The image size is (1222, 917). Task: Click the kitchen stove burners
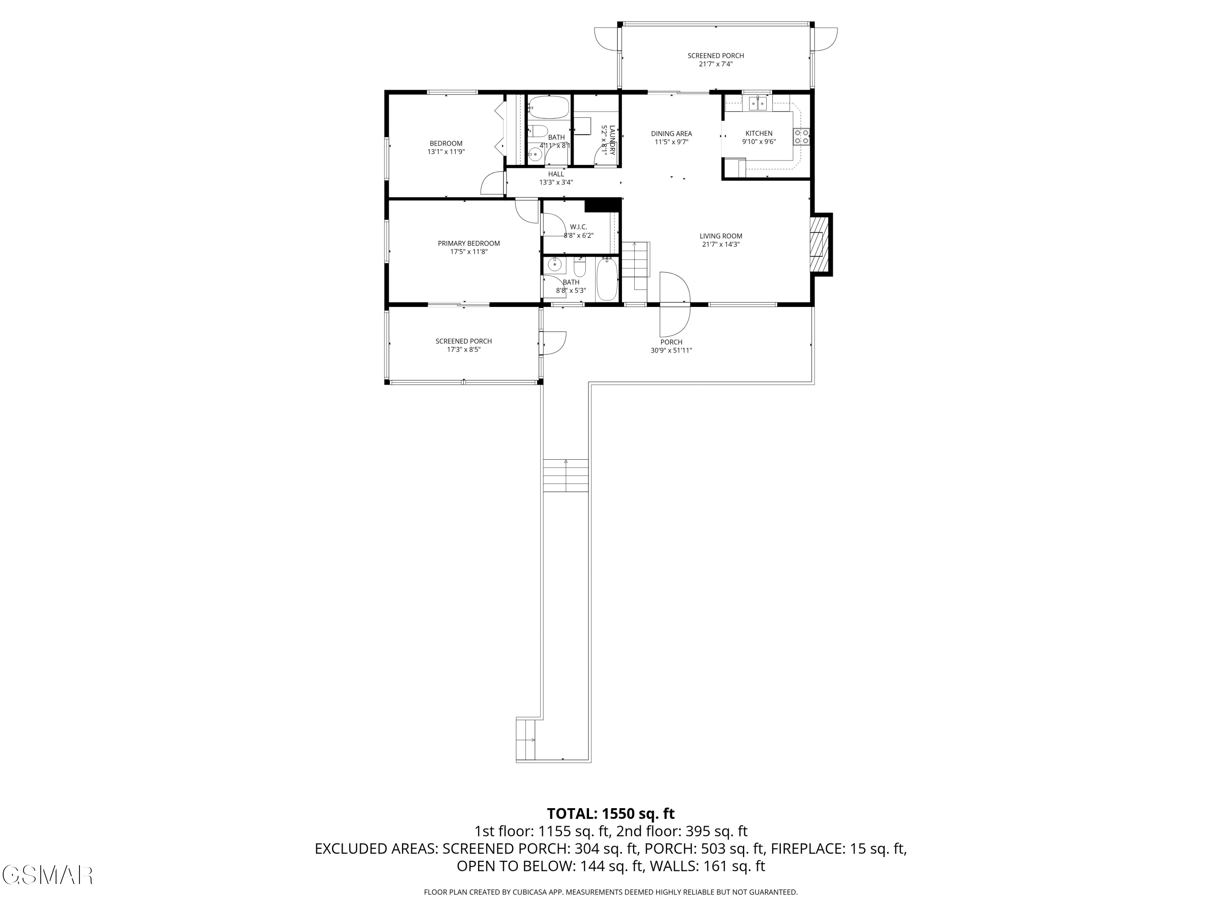[x=802, y=137]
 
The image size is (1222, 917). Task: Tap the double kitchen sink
[x=757, y=104]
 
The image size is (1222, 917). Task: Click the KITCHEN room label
[x=758, y=133]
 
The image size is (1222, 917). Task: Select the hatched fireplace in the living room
[x=820, y=244]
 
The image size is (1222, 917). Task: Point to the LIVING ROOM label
[x=721, y=236]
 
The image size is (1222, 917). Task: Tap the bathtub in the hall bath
[x=548, y=107]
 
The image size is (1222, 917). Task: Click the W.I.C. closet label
[x=578, y=227]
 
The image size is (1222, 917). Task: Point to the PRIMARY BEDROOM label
[x=468, y=243]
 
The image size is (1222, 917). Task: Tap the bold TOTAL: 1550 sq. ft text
[x=611, y=813]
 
